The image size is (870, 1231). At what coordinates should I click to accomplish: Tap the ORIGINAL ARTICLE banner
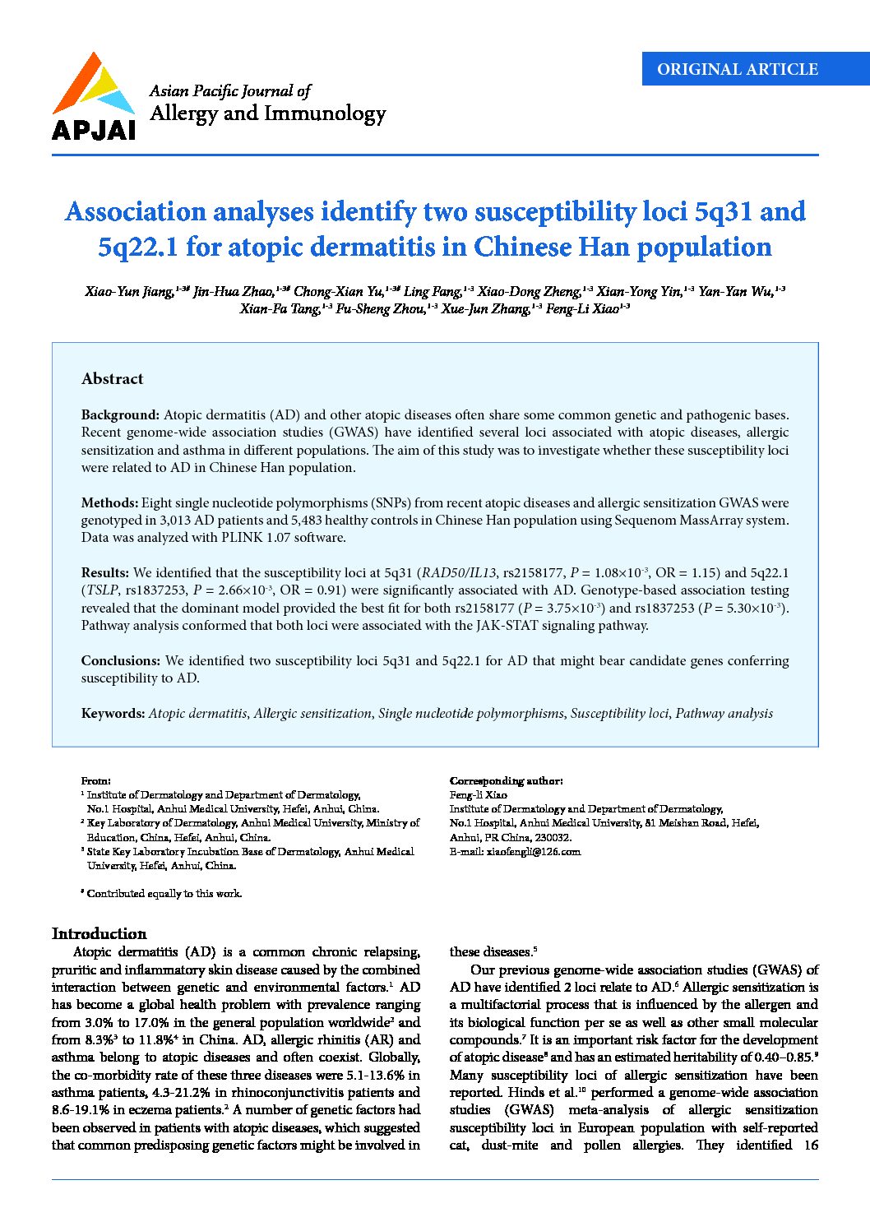(x=737, y=70)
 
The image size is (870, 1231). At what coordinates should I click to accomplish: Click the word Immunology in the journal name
(x=324, y=113)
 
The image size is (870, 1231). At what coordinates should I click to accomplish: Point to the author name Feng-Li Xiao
(x=583, y=309)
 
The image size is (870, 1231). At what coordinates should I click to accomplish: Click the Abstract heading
(x=113, y=379)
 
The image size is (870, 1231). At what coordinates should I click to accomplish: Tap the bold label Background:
(x=120, y=415)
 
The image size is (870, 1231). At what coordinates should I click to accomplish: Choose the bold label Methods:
(x=109, y=503)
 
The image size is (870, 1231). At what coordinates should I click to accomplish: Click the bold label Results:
(x=105, y=573)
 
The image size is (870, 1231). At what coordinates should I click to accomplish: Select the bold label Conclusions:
(x=121, y=661)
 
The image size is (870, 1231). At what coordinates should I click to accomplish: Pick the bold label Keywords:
(x=113, y=714)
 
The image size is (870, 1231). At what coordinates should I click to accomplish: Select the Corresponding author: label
(x=506, y=781)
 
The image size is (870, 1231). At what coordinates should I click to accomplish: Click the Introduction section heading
(x=99, y=934)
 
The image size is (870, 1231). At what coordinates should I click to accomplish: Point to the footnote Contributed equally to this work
(x=164, y=894)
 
